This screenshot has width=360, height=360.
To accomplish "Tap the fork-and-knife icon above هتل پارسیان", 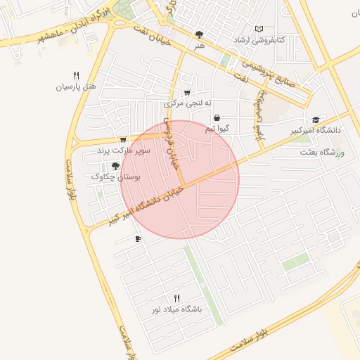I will tap(76, 75).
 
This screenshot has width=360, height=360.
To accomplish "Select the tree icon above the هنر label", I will tap(200, 34).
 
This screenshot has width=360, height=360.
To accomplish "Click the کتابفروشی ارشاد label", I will tap(260, 41).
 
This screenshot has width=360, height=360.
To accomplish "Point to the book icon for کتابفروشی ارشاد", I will tap(260, 29).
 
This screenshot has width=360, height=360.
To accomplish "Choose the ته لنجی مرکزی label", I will tap(187, 103).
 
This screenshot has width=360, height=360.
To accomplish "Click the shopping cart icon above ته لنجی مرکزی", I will tap(187, 92).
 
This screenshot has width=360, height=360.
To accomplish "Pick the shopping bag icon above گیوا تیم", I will tap(217, 117).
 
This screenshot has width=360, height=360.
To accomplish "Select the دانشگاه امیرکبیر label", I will tap(315, 131).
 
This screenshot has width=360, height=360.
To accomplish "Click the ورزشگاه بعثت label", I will tap(323, 152).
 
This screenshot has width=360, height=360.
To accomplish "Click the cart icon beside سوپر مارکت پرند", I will tap(124, 139).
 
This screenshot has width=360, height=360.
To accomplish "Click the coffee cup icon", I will tap(138, 239).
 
